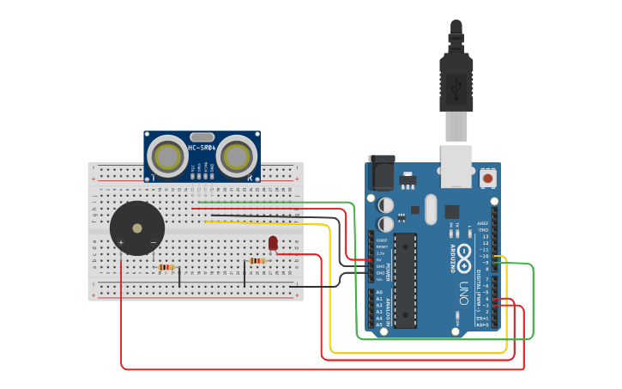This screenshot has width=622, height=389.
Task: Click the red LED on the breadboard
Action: (x=273, y=243)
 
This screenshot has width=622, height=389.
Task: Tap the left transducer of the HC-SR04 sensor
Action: (x=167, y=156)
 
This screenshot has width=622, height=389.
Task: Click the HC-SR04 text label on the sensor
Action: (x=202, y=148)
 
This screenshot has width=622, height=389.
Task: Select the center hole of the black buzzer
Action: (x=137, y=228)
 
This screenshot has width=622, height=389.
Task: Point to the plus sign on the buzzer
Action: (x=121, y=243)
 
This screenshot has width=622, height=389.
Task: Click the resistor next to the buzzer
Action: (x=166, y=267)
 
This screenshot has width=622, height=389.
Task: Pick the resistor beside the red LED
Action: (x=257, y=261)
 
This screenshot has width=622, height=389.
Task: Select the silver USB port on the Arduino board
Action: (x=456, y=165)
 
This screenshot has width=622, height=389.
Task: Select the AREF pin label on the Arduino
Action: (x=483, y=223)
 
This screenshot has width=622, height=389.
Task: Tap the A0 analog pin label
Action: (x=379, y=292)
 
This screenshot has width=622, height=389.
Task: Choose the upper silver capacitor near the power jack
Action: (x=386, y=205)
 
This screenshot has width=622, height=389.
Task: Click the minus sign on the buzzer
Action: (x=154, y=243)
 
